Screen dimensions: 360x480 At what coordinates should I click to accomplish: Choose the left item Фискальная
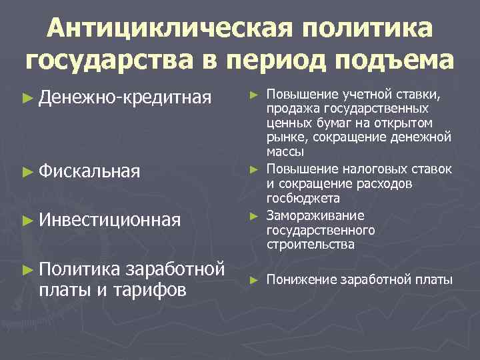click(89, 171)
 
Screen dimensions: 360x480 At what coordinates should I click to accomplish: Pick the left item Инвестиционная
click(110, 219)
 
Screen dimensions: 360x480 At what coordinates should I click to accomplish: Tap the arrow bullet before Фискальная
click(27, 172)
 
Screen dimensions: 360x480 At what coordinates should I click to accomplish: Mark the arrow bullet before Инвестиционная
click(27, 220)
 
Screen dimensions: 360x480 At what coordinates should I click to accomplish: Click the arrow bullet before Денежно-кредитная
click(27, 99)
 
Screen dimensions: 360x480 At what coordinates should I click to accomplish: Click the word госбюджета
click(303, 198)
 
